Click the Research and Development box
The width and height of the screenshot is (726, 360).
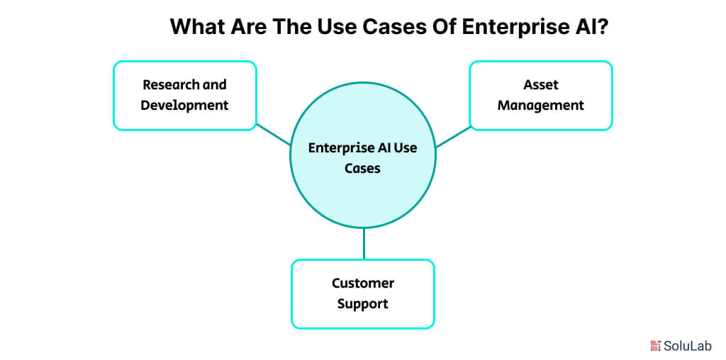[x=184, y=95]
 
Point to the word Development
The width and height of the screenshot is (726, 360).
[x=184, y=105]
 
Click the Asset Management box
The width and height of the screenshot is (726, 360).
[x=540, y=95]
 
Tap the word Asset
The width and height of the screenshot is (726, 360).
[x=541, y=84]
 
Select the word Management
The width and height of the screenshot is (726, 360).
[x=541, y=105]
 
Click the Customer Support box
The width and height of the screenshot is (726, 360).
[x=362, y=293]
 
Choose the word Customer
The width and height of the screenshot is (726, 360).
[x=363, y=283]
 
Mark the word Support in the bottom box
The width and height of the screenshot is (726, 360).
[x=363, y=304]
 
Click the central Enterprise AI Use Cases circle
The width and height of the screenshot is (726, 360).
[x=363, y=188]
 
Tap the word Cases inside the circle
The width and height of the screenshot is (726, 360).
[x=363, y=169]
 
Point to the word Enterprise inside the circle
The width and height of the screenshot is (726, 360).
[x=339, y=148]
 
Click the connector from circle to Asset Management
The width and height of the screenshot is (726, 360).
[x=453, y=137]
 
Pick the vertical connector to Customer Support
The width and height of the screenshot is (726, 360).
[x=363, y=243]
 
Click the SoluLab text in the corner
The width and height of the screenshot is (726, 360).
[x=687, y=345]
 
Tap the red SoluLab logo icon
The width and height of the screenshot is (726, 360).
[x=655, y=345]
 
